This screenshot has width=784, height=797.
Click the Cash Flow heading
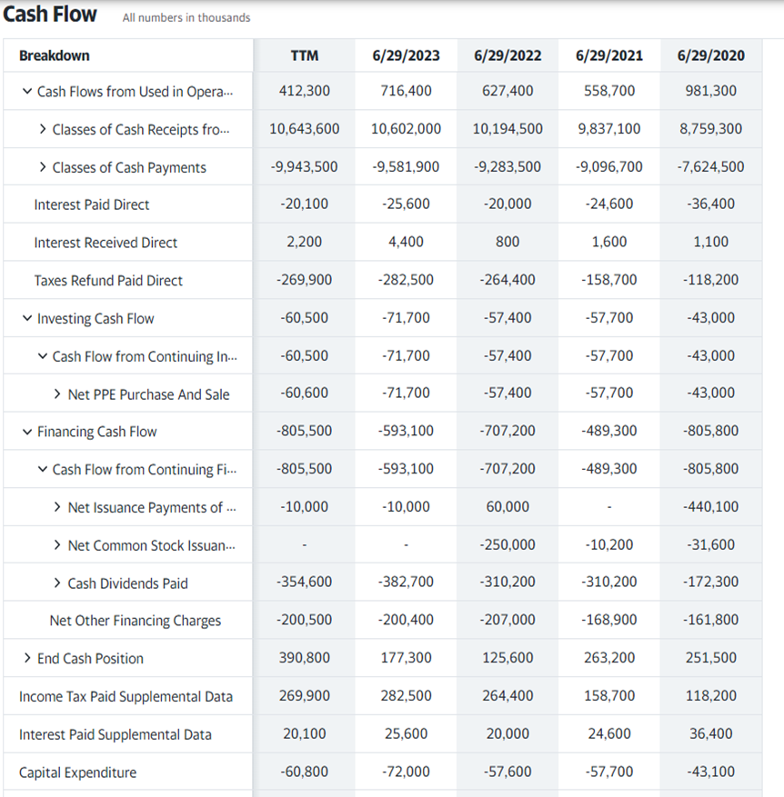(x=50, y=15)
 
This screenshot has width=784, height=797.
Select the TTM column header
(x=305, y=55)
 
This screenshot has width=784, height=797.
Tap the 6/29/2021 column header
(x=609, y=55)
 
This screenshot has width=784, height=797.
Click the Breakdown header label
(x=55, y=55)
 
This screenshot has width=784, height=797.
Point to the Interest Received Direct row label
(x=106, y=243)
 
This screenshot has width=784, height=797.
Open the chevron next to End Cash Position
(x=27, y=658)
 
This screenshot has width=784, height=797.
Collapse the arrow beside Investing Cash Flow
(x=26, y=318)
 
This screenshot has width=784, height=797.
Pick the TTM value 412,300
(x=305, y=91)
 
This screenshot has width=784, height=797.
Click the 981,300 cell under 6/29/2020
(x=711, y=91)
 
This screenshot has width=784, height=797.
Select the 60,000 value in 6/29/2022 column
(x=508, y=507)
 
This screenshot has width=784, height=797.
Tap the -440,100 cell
(x=711, y=507)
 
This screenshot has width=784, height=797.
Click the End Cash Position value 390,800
(x=305, y=658)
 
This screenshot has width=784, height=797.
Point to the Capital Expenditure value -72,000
(x=407, y=772)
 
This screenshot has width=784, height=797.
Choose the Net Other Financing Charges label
(x=136, y=621)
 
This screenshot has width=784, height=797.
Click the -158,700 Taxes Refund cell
(x=609, y=280)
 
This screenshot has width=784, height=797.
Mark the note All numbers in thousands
(x=186, y=18)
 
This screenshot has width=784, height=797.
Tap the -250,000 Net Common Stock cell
(x=508, y=545)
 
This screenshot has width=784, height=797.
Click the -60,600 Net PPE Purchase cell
(x=305, y=394)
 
